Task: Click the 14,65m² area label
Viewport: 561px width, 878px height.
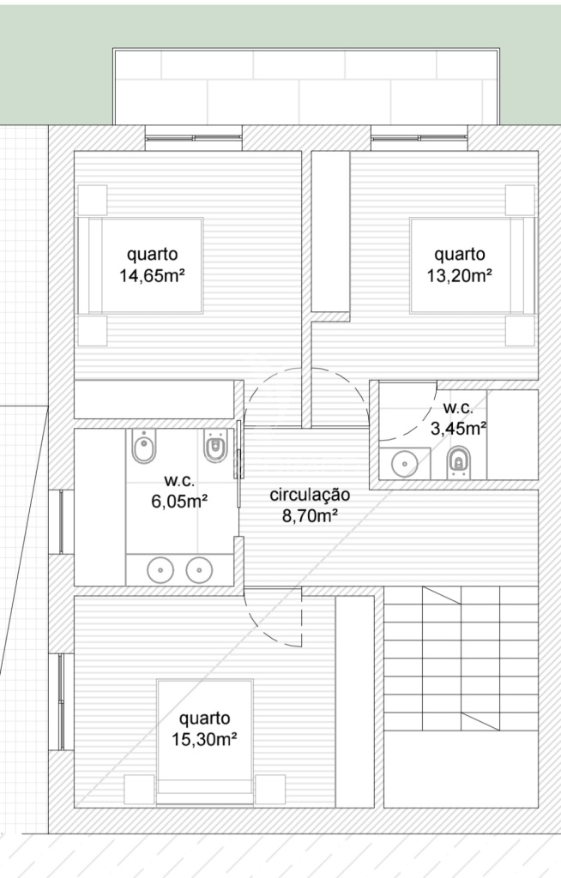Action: (x=152, y=275)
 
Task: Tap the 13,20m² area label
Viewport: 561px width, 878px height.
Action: (x=460, y=275)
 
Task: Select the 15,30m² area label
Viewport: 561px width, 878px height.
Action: (x=204, y=739)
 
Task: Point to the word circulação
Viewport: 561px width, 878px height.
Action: (x=310, y=495)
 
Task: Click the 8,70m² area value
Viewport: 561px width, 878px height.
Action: (x=310, y=515)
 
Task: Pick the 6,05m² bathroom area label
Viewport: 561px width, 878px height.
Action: (x=179, y=501)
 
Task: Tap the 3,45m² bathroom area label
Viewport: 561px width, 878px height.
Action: (x=458, y=429)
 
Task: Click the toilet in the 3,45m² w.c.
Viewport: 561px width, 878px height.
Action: (x=458, y=462)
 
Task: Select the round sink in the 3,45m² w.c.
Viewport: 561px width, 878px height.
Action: (x=404, y=464)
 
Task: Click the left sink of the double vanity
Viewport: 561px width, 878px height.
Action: (x=160, y=570)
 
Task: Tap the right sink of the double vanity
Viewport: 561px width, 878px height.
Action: (x=199, y=570)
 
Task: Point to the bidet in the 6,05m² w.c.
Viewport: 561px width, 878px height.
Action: (x=145, y=446)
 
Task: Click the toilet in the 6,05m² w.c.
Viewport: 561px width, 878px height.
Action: (x=214, y=446)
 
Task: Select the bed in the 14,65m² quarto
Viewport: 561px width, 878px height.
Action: (x=140, y=265)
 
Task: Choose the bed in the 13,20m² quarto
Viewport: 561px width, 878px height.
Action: (x=473, y=265)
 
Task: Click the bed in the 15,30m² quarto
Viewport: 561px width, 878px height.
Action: (x=205, y=743)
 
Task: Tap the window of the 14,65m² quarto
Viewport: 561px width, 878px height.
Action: (x=194, y=138)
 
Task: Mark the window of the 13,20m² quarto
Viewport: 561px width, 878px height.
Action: (x=419, y=138)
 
